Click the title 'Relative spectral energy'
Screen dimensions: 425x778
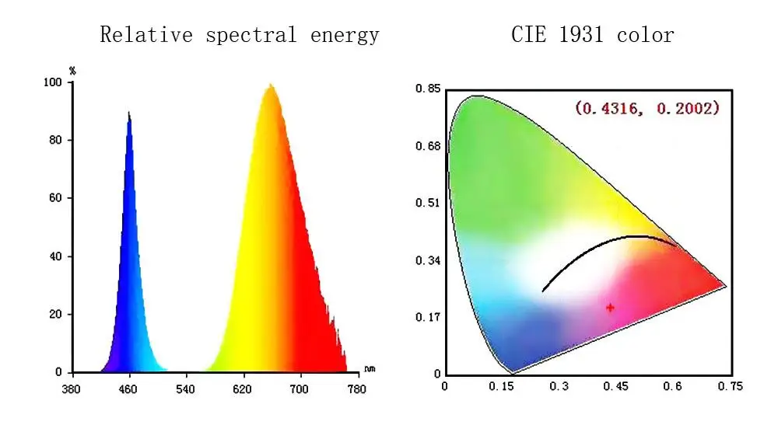click(240, 35)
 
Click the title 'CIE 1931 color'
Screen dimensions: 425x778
click(593, 35)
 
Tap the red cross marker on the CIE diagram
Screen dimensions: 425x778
click(610, 308)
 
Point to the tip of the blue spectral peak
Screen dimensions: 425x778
click(128, 113)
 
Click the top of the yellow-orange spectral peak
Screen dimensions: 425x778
click(270, 85)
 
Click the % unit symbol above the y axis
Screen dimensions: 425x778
click(72, 71)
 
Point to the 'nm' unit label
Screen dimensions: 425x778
click(369, 369)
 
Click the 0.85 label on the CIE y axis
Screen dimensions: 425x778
click(426, 89)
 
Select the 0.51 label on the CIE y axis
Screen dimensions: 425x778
click(426, 203)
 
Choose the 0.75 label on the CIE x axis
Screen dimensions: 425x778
click(730, 385)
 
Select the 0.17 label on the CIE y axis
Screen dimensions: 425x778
click(426, 317)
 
